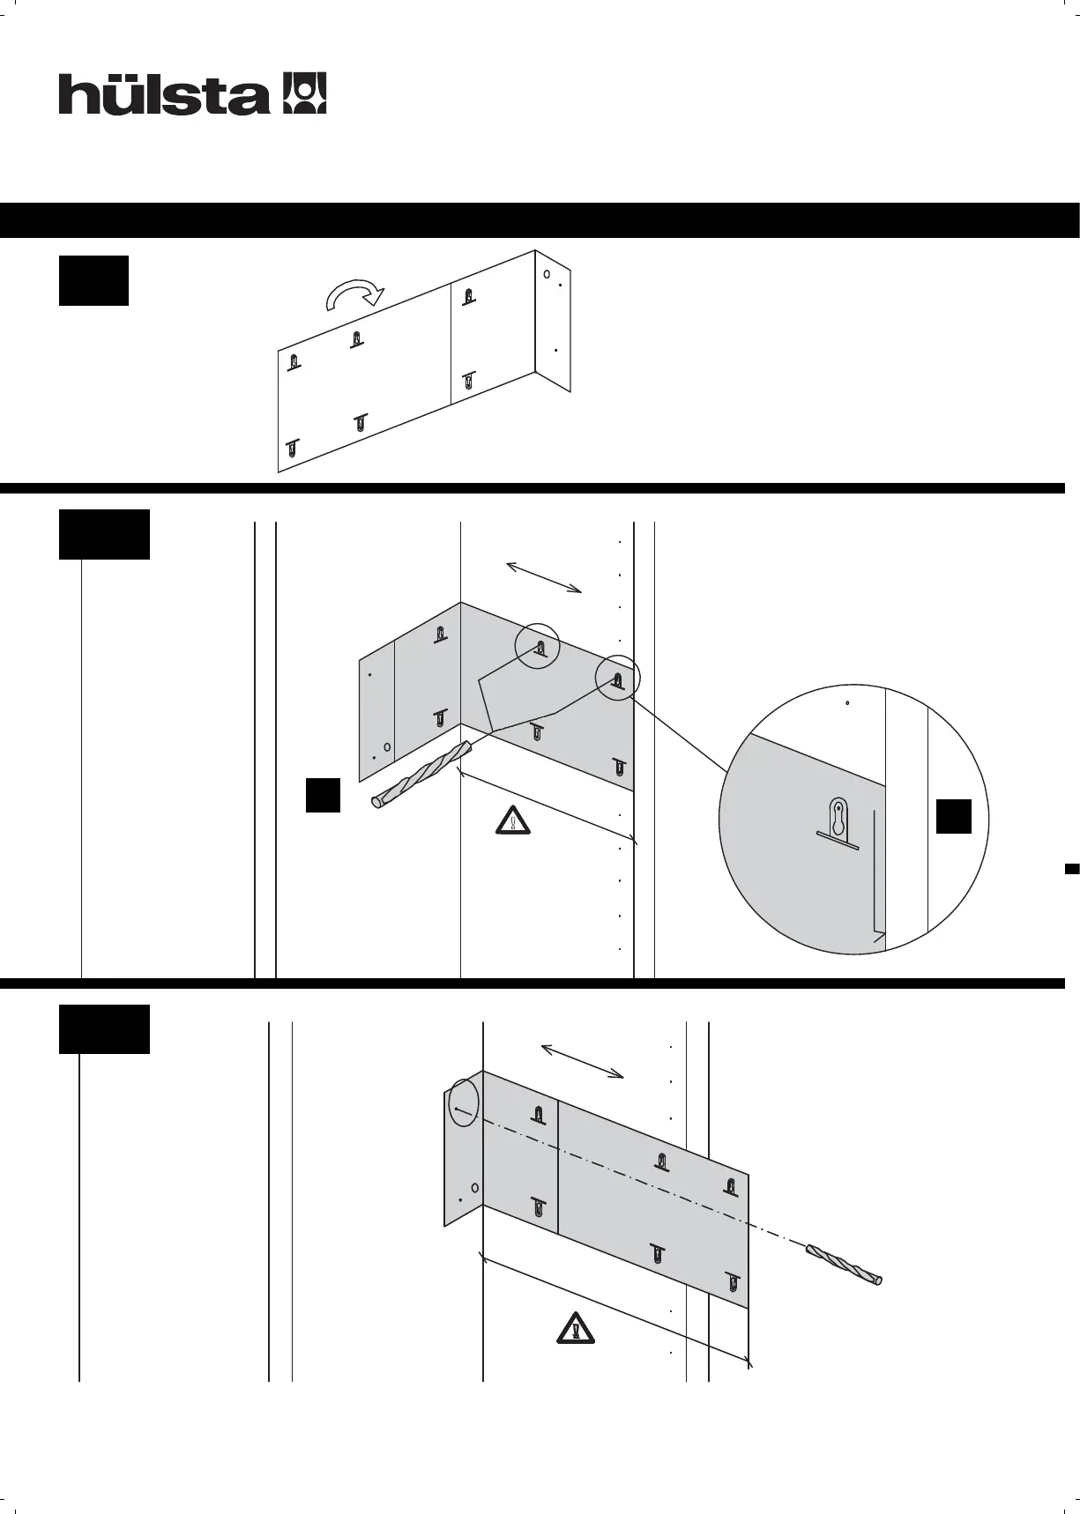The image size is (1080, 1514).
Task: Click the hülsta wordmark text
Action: pos(164,94)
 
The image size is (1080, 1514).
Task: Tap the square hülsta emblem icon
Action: pos(304,93)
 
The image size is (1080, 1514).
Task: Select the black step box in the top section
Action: pos(93,280)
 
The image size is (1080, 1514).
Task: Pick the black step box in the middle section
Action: pos(104,534)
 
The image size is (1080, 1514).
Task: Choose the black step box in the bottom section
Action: pos(104,1028)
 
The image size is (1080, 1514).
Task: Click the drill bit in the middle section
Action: pos(421,775)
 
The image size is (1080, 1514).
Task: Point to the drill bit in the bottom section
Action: pos(845,1265)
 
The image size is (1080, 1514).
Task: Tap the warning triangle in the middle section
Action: pos(512,820)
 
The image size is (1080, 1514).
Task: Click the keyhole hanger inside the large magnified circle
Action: pos(838,820)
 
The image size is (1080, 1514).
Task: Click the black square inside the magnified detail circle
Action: pos(953,816)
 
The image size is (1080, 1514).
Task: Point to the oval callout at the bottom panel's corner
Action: pos(463,1102)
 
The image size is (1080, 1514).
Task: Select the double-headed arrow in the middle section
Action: pos(544,576)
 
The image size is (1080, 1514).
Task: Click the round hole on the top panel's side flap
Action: pos(547,275)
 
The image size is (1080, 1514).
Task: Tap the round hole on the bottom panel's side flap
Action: pos(474,1187)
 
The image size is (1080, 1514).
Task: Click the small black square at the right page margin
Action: pos(1072,869)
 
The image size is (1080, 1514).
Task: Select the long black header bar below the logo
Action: pos(540,220)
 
